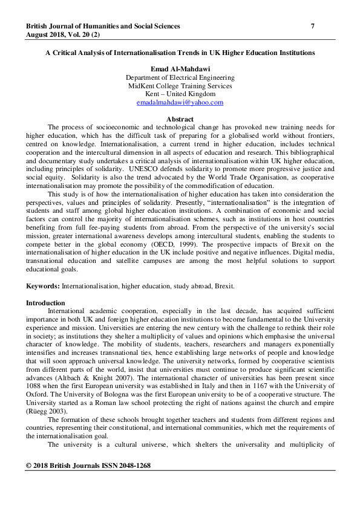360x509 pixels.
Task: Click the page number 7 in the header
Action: (x=313, y=27)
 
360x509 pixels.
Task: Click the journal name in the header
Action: (x=103, y=27)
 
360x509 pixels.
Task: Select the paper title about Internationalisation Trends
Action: (x=180, y=53)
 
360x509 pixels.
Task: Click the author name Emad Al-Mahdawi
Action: (x=180, y=70)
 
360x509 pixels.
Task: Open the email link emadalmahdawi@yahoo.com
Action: (x=180, y=103)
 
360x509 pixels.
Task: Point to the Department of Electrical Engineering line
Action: (x=180, y=78)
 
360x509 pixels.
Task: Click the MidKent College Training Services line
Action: (x=180, y=86)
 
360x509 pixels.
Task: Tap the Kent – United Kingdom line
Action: (x=180, y=94)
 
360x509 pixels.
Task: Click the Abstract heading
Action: (x=180, y=119)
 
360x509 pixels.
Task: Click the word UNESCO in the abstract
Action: (x=155, y=170)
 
